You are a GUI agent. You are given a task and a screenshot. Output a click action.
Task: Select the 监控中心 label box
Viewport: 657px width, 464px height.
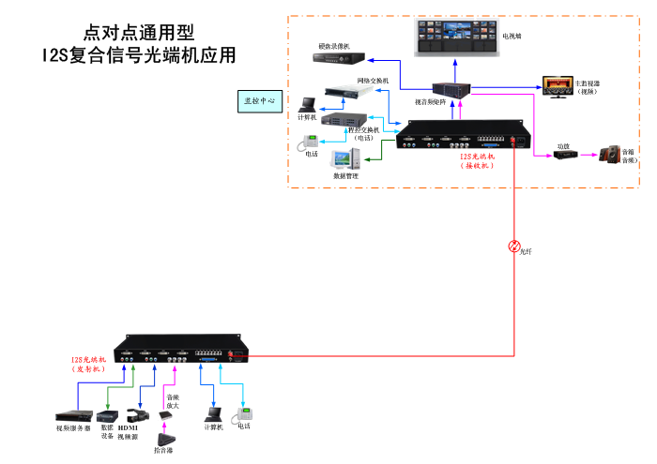point(259,98)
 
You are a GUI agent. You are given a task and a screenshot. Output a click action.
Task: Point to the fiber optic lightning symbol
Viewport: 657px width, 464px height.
point(513,247)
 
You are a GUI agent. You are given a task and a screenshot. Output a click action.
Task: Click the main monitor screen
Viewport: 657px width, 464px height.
point(557,85)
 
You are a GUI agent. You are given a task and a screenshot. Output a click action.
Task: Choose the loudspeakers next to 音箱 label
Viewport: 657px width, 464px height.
point(610,153)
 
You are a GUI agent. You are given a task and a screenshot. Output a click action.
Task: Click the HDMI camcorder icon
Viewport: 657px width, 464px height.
point(135,414)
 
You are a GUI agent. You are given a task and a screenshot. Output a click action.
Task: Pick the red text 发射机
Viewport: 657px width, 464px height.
point(90,369)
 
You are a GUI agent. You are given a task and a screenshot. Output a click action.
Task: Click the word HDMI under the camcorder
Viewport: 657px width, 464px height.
point(128,429)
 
